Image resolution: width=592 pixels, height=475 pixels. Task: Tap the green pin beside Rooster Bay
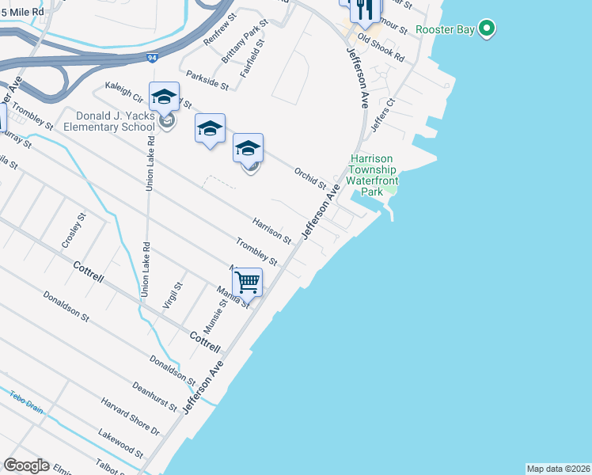pos(488,30)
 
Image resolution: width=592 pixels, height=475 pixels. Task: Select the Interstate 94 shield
pos(152,58)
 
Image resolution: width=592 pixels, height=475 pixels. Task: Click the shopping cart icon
pos(248,281)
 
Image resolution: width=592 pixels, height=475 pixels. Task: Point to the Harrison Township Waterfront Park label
pos(372,175)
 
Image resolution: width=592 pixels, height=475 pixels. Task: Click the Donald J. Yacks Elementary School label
pos(108,121)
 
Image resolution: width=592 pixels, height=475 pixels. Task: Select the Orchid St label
pos(309,177)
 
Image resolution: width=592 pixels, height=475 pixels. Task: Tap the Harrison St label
pos(272,230)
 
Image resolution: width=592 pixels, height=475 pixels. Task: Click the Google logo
pos(26,465)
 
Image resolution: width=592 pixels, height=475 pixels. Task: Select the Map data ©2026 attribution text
pos(558,469)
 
